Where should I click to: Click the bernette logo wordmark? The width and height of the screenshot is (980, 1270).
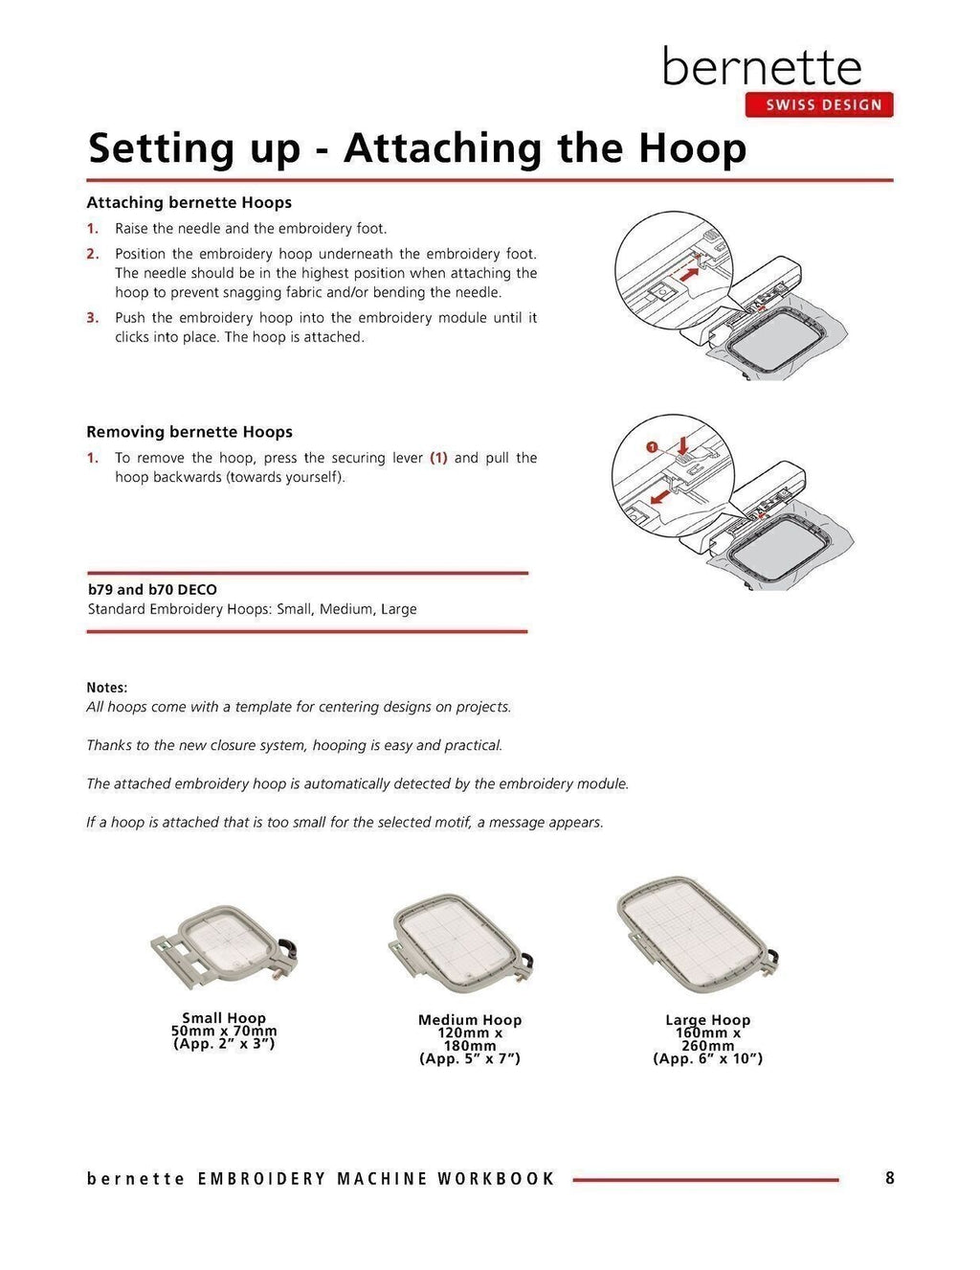pyautogui.click(x=762, y=67)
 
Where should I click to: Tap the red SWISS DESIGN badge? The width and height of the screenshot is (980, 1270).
pyautogui.click(x=819, y=104)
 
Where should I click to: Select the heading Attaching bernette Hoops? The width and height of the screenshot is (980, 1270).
pyautogui.click(x=189, y=203)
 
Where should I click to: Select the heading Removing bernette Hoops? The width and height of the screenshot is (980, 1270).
pyautogui.click(x=189, y=432)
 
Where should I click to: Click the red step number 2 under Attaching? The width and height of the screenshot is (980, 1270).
pyautogui.click(x=93, y=255)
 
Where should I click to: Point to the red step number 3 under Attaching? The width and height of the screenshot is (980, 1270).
pyautogui.click(x=93, y=318)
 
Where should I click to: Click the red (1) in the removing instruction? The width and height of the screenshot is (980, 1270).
pyautogui.click(x=438, y=458)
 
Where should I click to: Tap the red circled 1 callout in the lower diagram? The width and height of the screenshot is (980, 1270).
pyautogui.click(x=652, y=446)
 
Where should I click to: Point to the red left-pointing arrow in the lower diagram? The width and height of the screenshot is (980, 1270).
pyautogui.click(x=657, y=498)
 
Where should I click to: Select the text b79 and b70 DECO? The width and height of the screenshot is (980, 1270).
pyautogui.click(x=152, y=590)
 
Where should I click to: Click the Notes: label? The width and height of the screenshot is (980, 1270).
pyautogui.click(x=106, y=688)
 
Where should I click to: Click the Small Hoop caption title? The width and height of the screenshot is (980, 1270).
pyautogui.click(x=224, y=1018)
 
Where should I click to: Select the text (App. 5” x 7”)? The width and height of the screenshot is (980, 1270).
pyautogui.click(x=469, y=1058)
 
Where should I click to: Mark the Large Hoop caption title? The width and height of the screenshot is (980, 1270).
pyautogui.click(x=707, y=1020)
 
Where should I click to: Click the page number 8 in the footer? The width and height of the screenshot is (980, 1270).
pyautogui.click(x=889, y=1178)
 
